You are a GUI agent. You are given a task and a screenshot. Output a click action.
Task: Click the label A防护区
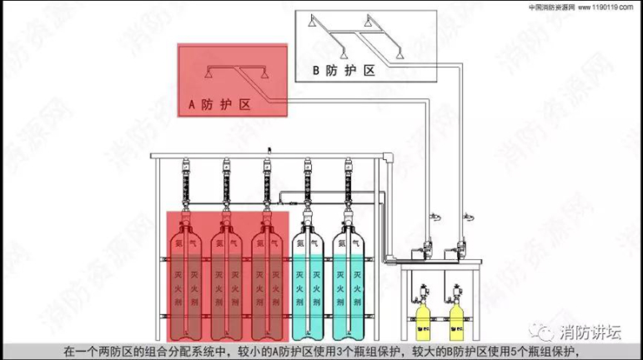[x=219, y=104]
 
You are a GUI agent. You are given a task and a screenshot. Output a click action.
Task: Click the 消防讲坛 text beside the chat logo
[x=593, y=332]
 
